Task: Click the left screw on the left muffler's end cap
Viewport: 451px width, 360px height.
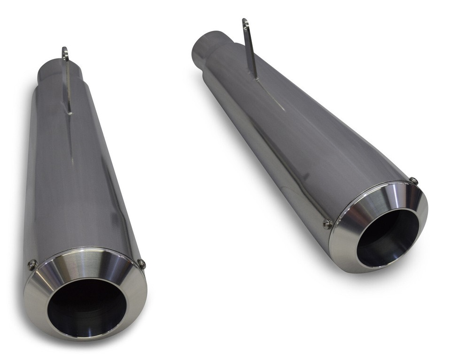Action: coord(32,265)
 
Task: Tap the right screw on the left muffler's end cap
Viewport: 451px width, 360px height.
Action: coord(142,264)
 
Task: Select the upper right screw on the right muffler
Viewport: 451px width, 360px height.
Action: coord(413,181)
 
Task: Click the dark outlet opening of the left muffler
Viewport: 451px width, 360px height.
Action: coord(87,307)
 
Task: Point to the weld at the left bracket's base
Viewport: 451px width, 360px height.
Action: coord(70,113)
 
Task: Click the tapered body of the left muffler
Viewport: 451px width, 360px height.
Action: coord(80,188)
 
